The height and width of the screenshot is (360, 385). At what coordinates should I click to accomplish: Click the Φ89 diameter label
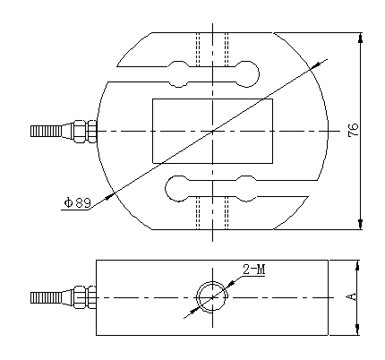pyautogui.click(x=77, y=203)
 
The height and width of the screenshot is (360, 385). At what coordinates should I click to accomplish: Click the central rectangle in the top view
pyautogui.click(x=212, y=131)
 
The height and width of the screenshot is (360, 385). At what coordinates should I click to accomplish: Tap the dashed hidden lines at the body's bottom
pyautogui.click(x=213, y=213)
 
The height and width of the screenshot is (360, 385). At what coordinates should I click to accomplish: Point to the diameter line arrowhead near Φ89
pyautogui.click(x=111, y=192)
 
